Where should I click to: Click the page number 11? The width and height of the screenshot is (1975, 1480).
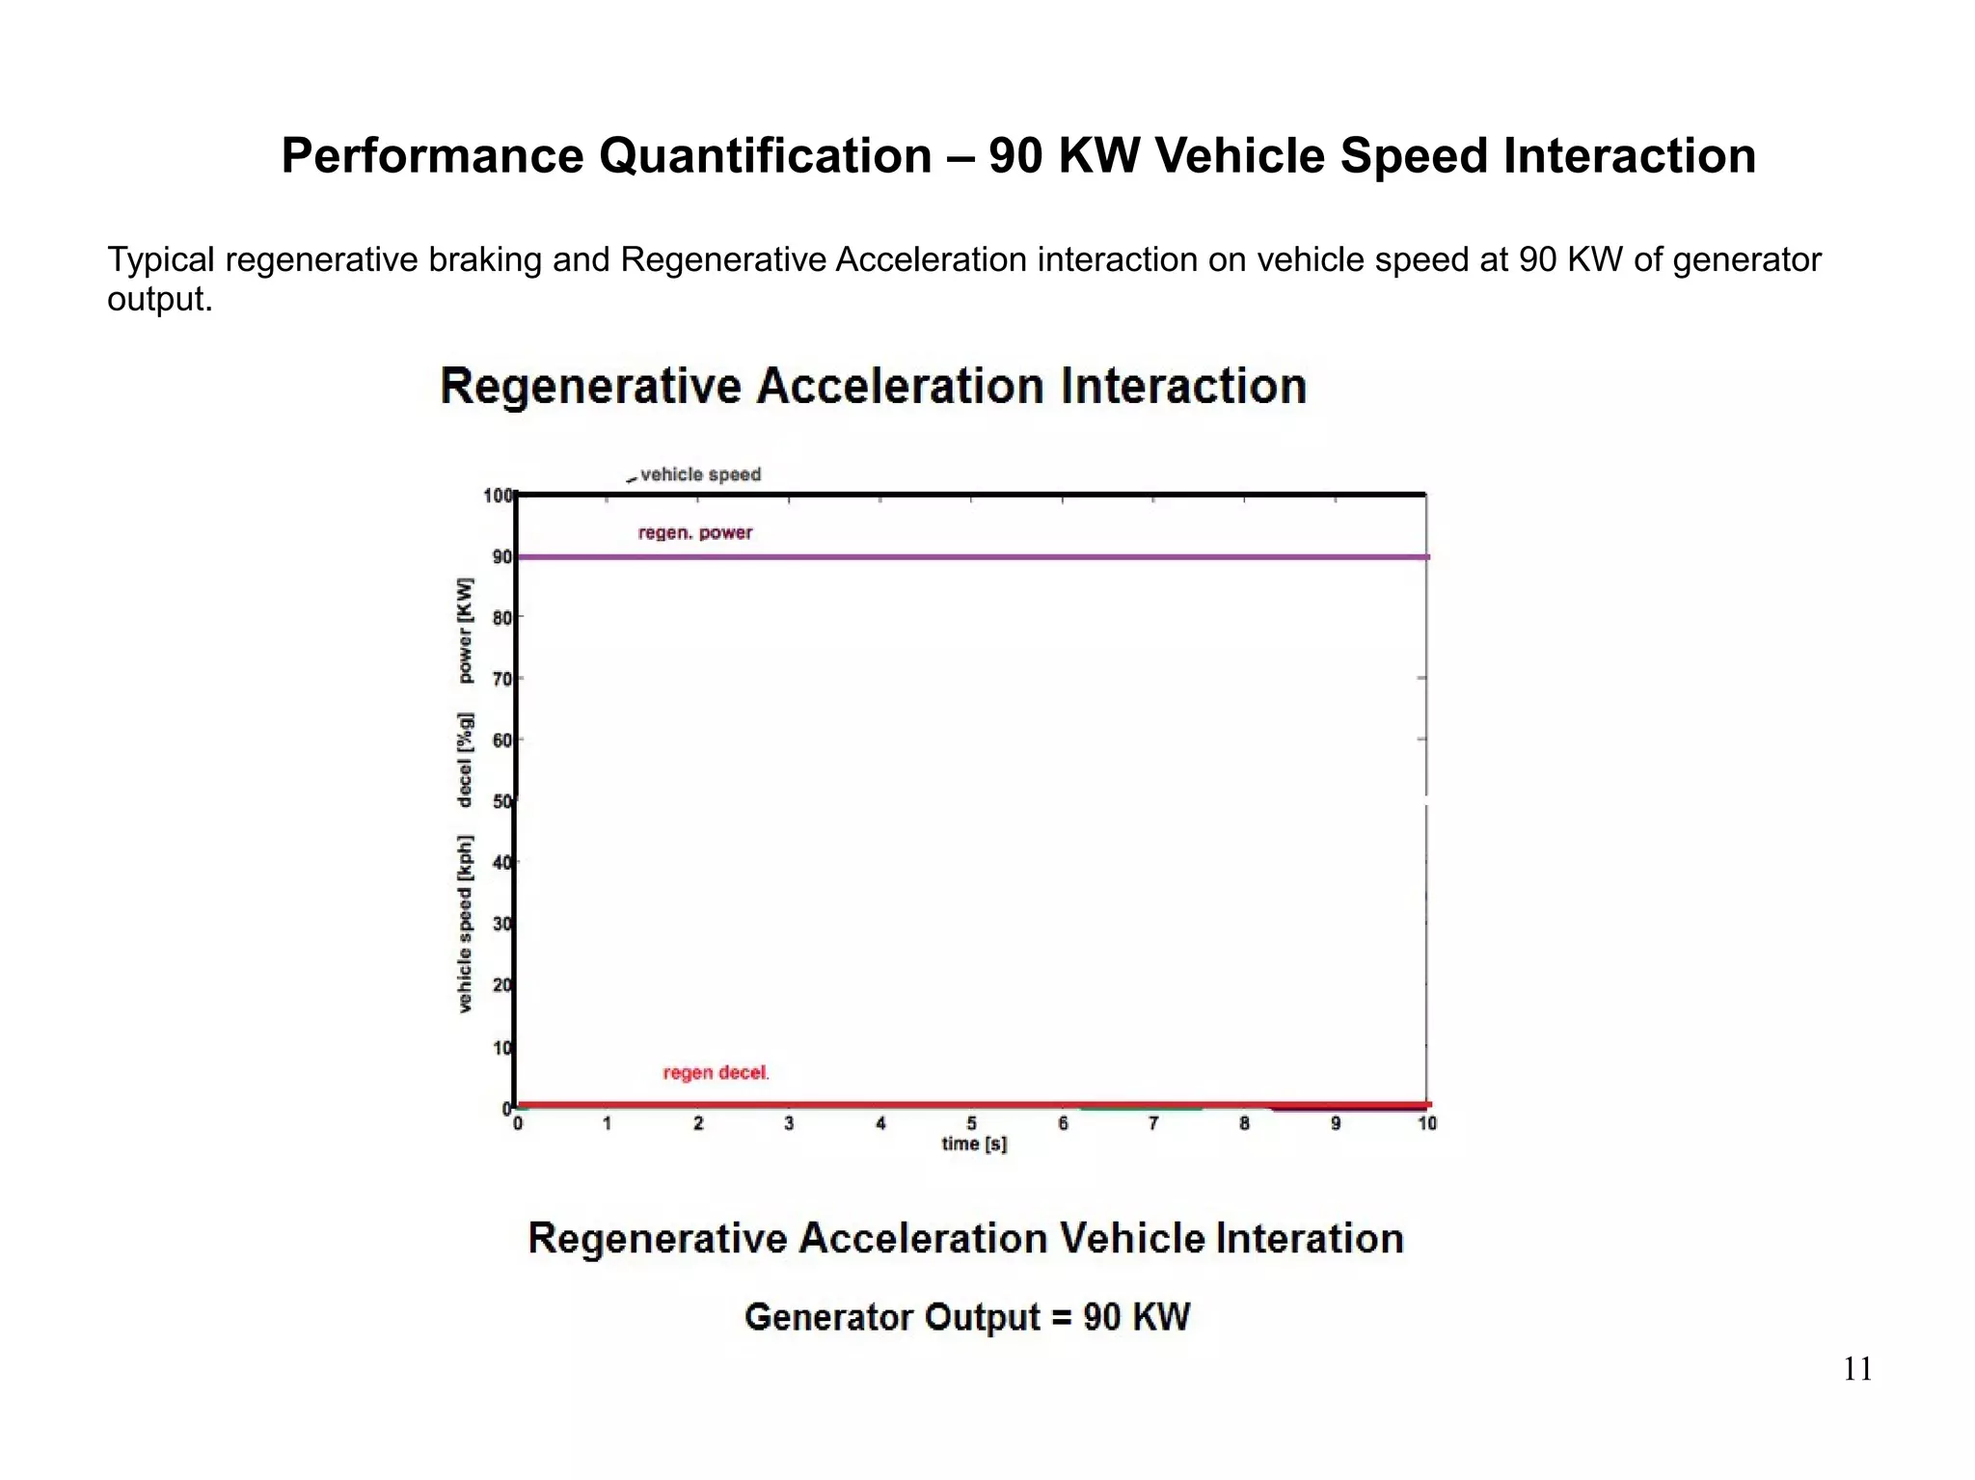click(1857, 1369)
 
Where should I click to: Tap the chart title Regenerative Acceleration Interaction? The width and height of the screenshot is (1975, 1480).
click(873, 387)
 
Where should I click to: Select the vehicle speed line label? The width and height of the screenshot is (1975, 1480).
click(700, 474)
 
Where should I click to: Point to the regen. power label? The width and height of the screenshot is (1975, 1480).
click(694, 533)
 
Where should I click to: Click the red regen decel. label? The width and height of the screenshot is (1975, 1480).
click(716, 1073)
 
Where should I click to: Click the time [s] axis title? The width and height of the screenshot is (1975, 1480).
click(974, 1144)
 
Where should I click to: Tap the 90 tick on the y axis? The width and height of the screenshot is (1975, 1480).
click(501, 556)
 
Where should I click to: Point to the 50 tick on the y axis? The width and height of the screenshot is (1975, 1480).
click(501, 801)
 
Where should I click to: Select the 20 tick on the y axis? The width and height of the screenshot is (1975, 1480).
click(501, 985)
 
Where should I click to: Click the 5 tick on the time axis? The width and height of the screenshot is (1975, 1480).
click(971, 1123)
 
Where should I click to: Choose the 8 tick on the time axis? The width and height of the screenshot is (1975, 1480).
click(1244, 1123)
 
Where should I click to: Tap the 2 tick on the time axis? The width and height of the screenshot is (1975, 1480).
click(698, 1123)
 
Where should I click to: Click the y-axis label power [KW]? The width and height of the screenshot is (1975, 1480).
click(466, 631)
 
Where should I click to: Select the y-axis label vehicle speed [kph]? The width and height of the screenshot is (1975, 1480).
click(466, 924)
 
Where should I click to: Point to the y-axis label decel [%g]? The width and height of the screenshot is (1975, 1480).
click(466, 760)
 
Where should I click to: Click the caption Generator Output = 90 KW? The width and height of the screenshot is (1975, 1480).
click(967, 1317)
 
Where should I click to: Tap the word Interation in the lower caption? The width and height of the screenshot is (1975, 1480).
click(1309, 1239)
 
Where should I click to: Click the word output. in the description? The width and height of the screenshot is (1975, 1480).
click(159, 300)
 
